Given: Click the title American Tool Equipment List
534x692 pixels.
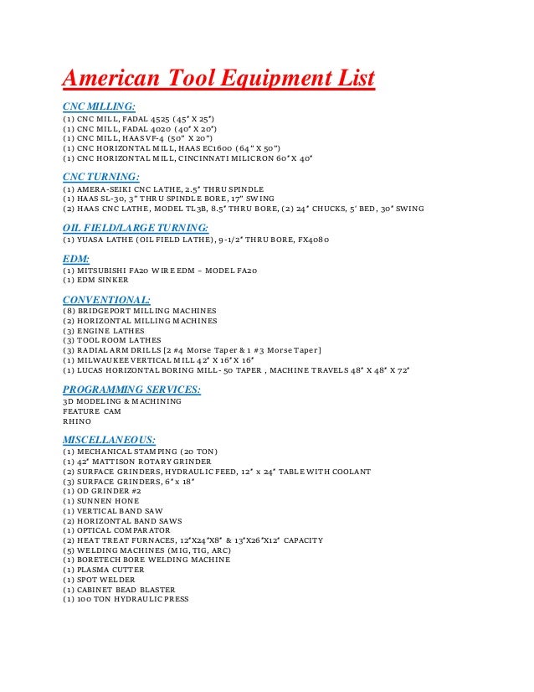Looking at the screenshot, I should coord(218,80).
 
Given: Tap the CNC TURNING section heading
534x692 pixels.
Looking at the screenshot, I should coord(100,177).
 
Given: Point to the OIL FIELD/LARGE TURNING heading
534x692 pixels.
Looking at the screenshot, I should coord(136,227).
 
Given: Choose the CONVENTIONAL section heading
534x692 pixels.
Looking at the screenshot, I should coord(106,299).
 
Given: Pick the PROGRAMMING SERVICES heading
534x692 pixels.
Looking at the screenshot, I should coord(131,389).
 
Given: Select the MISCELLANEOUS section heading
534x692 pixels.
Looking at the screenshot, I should coord(110,438).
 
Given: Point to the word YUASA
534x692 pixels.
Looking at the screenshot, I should coord(91,240).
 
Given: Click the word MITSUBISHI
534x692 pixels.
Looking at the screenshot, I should coord(102,272).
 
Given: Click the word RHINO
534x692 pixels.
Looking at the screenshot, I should coord(76,421).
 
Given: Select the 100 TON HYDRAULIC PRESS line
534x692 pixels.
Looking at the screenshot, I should coord(126,599).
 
